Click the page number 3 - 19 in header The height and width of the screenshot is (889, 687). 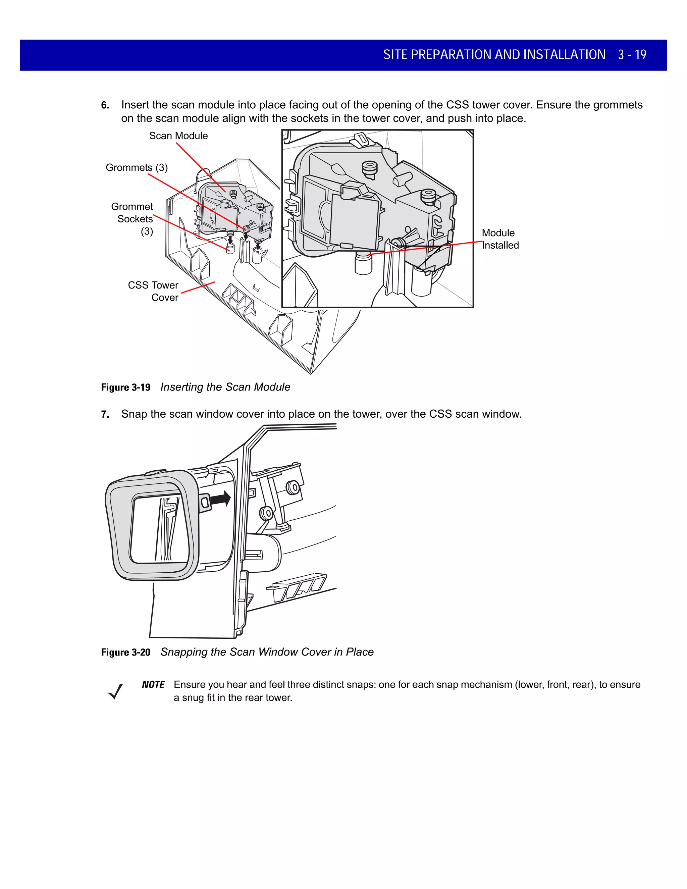[632, 55]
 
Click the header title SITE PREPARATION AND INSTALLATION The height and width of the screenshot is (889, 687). [494, 55]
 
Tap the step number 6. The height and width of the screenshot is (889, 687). [105, 105]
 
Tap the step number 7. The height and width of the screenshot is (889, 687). [105, 414]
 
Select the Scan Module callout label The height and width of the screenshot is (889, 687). [178, 136]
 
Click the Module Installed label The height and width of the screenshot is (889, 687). [500, 239]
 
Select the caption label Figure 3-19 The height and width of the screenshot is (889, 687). [125, 387]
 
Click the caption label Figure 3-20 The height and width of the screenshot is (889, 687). [125, 652]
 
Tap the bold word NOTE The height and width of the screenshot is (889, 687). [153, 685]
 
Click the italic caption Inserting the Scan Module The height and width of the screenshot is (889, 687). [225, 387]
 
